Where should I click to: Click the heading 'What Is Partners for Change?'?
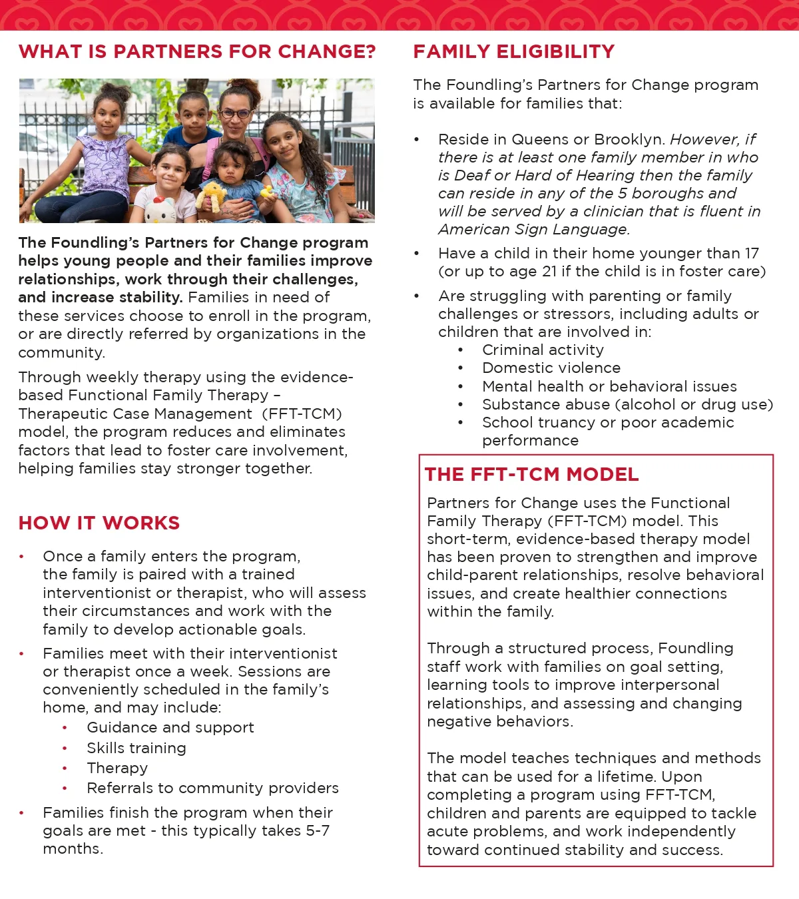pos(197,52)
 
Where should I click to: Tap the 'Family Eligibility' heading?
pos(513,52)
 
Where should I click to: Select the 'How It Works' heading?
pos(99,523)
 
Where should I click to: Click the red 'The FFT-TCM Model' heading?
pos(531,475)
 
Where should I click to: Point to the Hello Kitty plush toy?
pos(160,209)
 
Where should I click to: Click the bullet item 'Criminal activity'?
pos(543,350)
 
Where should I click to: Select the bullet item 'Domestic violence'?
pos(551,368)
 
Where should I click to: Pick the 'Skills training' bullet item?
pos(136,749)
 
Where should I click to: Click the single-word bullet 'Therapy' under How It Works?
pos(117,768)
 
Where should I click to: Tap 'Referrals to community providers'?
pos(212,788)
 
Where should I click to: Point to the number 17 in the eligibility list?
pos(752,254)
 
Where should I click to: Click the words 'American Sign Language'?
pos(533,230)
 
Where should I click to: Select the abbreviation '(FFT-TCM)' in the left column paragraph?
pos(302,414)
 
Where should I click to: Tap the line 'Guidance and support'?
pos(170,728)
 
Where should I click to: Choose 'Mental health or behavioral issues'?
pos(609,387)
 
